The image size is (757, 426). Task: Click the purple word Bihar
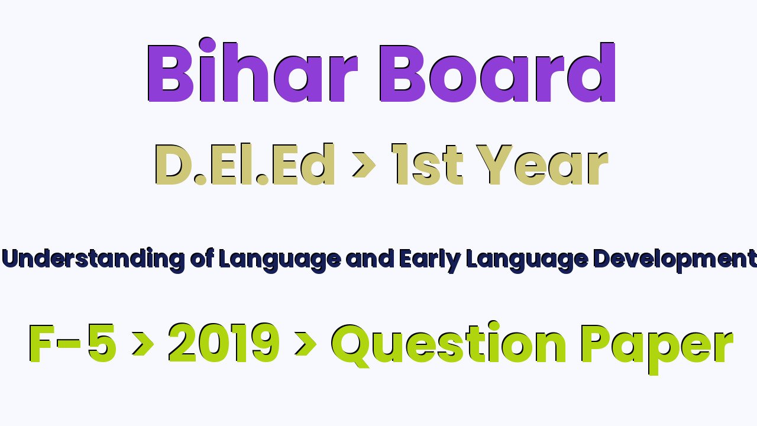253,70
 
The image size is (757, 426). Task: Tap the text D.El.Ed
245,164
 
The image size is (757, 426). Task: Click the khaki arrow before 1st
364,164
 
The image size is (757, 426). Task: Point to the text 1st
427,164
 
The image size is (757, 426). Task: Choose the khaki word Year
542,164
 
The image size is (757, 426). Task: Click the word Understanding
93,260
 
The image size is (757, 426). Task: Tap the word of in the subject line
202,259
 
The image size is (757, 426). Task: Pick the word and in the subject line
370,259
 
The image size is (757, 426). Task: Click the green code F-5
73,343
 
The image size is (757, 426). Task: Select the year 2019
224,343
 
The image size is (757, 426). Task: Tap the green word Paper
657,348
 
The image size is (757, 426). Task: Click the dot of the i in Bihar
207,46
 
